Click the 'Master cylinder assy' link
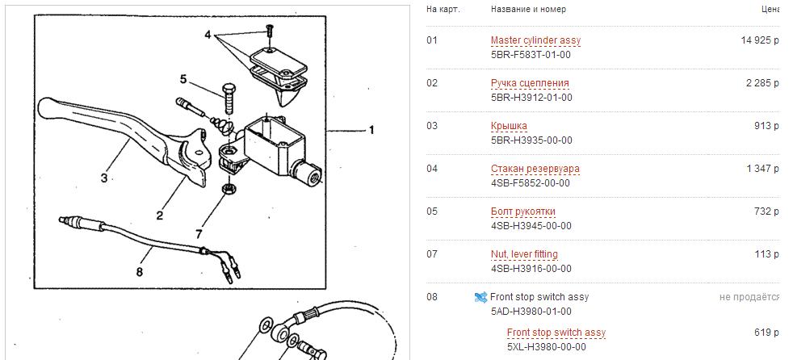(x=535, y=40)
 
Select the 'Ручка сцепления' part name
(x=530, y=83)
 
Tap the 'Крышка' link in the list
(x=509, y=126)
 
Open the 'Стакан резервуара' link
(x=535, y=169)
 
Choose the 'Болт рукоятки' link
(x=523, y=211)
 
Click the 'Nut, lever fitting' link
(x=524, y=254)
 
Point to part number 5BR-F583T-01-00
(x=531, y=55)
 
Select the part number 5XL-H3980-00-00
(x=547, y=347)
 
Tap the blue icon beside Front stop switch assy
(x=480, y=297)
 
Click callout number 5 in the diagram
(x=183, y=79)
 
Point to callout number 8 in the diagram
(x=139, y=272)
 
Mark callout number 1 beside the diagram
(x=371, y=131)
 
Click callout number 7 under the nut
(x=199, y=233)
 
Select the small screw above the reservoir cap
(x=270, y=30)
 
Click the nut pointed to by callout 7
(x=228, y=190)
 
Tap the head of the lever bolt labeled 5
(x=228, y=89)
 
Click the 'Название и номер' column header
(x=528, y=9)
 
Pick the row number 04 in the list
(x=431, y=169)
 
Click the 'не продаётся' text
(x=749, y=297)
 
